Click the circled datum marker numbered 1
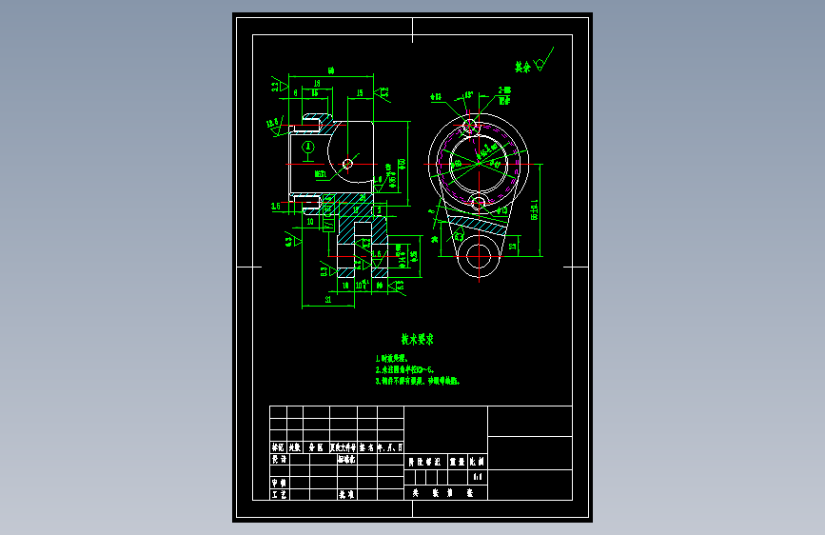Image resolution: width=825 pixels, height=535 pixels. [308, 148]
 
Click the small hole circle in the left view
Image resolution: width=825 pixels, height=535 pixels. [347, 164]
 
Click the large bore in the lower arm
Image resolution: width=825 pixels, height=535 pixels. [480, 257]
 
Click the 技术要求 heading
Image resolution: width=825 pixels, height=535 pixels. [417, 339]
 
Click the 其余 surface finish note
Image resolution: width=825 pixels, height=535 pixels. [521, 68]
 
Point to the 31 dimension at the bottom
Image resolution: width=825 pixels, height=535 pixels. [328, 299]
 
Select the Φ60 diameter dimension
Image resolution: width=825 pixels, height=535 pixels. [403, 163]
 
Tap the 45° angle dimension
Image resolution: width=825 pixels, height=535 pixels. [468, 95]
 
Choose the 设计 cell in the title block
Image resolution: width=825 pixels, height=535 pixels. [278, 458]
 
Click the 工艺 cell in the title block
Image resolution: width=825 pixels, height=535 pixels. [278, 494]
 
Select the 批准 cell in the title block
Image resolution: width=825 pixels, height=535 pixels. [346, 494]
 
